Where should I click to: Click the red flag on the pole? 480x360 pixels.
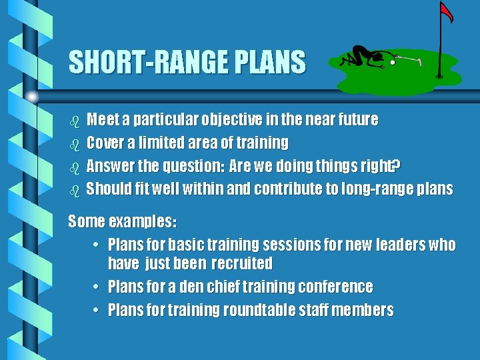pos(447,11)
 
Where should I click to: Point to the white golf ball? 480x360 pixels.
pos(393,62)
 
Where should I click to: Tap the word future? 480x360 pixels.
pos(354,120)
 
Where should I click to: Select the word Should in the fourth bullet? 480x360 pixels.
pos(108,189)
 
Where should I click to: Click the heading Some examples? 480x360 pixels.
pos(123,221)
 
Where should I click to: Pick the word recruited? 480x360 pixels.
pos(241,263)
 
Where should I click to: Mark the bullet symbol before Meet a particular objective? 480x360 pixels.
pos(75,121)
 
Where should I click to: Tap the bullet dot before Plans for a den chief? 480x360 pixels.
pos(97,287)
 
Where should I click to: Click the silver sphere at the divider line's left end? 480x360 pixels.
pos(31,97)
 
